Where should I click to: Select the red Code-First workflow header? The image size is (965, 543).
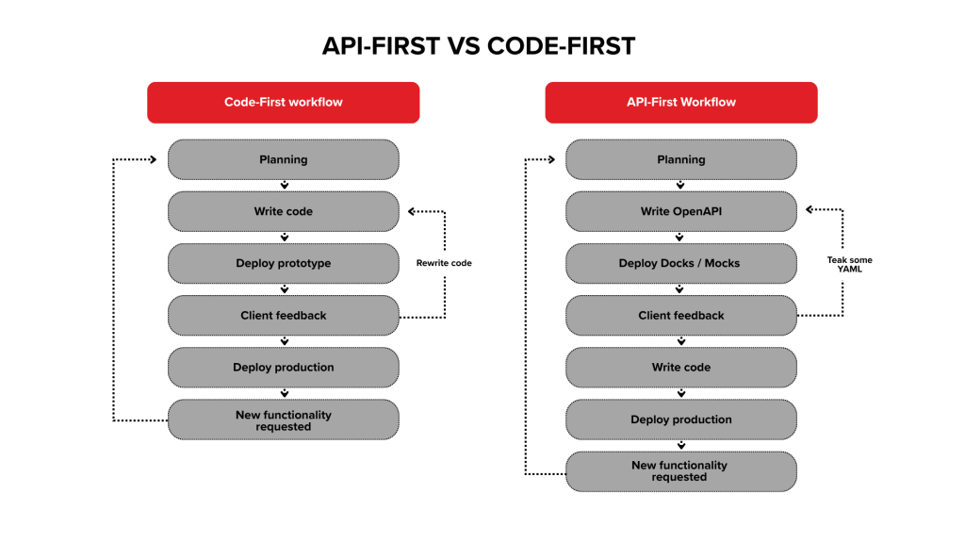coord(283,102)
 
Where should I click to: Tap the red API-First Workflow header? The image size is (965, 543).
coord(680,102)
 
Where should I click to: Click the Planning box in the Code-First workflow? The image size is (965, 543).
coord(283,160)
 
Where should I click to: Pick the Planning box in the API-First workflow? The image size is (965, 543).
coord(680,160)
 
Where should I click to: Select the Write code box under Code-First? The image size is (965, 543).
coord(283,212)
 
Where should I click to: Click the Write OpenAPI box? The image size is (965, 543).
coord(680,212)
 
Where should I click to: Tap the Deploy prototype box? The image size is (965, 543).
coord(283,264)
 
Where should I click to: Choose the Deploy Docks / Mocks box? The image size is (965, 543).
coord(680,264)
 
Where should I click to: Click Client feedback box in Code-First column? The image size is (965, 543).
coord(283,316)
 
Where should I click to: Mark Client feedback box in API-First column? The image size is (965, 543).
coord(680,316)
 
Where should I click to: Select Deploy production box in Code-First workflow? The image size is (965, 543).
coord(283,368)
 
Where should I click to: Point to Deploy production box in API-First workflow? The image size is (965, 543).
coord(680,420)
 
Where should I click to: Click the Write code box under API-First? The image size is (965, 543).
coord(680,368)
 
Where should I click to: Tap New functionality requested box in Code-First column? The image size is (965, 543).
coord(283,420)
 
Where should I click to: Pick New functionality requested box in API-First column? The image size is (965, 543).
coord(680,471)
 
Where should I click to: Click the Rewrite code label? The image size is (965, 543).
coord(444,263)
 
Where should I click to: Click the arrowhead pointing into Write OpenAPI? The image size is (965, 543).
coord(809,211)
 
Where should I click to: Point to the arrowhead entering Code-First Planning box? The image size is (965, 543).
coord(157,159)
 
